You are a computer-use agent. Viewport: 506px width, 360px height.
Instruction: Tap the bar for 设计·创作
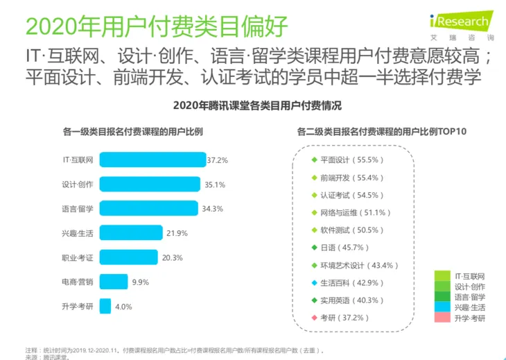pos(149,184)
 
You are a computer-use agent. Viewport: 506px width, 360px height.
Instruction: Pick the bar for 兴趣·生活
pos(131,232)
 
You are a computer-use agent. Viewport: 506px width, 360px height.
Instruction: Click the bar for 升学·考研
pos(105,306)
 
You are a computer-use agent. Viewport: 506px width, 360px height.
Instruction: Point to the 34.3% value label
pos(216,208)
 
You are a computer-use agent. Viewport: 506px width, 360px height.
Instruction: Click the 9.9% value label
pos(141,282)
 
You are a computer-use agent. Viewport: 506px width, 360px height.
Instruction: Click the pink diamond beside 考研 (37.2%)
pos(313,318)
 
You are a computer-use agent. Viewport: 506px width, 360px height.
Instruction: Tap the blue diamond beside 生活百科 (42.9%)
pos(313,283)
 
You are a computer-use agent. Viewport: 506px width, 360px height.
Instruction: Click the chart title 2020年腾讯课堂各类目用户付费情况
pos(253,106)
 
